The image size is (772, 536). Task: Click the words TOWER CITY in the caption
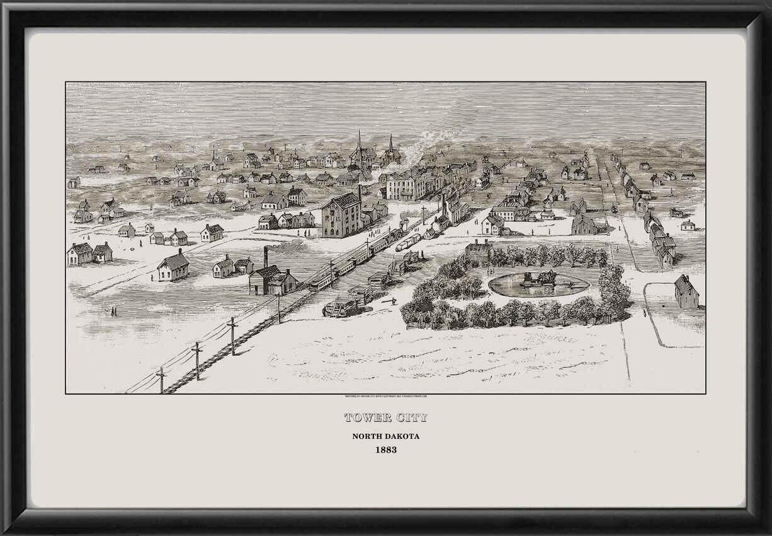tap(385, 417)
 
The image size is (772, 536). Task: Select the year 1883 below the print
tap(385, 451)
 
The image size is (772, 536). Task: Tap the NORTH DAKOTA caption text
tap(385, 436)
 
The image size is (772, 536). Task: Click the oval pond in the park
tap(538, 284)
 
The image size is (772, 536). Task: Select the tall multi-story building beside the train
tap(341, 215)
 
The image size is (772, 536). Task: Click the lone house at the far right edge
tap(686, 291)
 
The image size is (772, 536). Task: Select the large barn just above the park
tap(584, 223)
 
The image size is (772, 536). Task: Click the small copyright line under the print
tap(385, 397)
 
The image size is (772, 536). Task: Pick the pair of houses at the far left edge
tap(89, 253)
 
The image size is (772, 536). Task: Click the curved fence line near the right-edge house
tap(652, 322)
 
